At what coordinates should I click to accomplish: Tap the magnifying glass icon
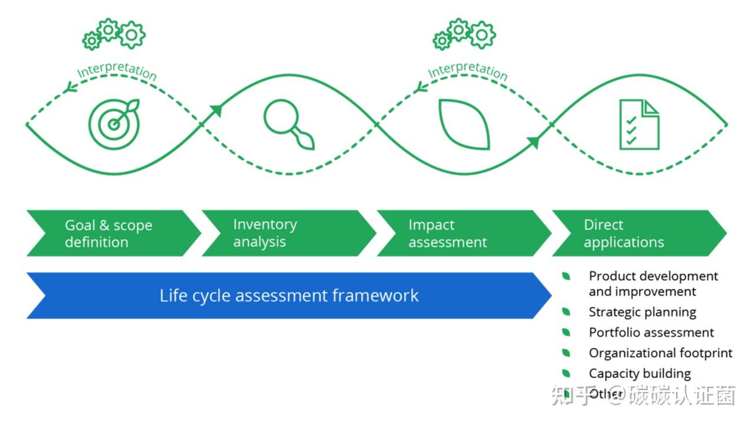point(287,124)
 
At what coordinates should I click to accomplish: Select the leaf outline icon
point(464,124)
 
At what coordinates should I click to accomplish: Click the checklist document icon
point(639,124)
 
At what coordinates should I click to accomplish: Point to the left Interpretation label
point(117,71)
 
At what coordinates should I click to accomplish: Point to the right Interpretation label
point(467,70)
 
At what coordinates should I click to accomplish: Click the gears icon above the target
point(114,34)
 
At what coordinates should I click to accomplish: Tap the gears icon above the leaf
point(464,34)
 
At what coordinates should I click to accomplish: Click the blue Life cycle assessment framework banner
point(289,295)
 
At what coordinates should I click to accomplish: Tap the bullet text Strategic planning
point(642,312)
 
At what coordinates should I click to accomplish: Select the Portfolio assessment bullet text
point(651,332)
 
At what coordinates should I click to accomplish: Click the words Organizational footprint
point(660,353)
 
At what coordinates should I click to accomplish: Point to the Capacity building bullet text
point(639,374)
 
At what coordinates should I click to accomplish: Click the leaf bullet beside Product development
point(566,276)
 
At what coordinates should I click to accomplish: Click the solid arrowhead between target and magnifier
point(216,110)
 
